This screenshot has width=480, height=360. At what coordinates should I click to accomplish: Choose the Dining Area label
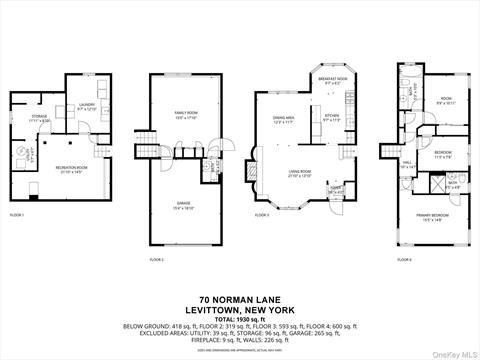coord(285,120)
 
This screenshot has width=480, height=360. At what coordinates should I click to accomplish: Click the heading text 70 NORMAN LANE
coord(239,300)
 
